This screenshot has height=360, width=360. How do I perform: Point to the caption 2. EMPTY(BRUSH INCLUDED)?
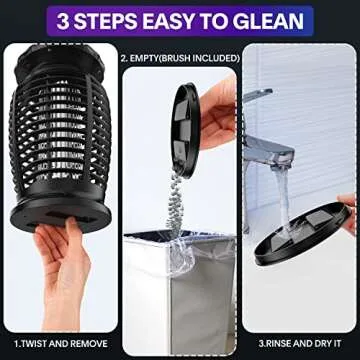pyautogui.click(x=181, y=58)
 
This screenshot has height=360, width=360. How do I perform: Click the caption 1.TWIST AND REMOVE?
pyautogui.click(x=60, y=343)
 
